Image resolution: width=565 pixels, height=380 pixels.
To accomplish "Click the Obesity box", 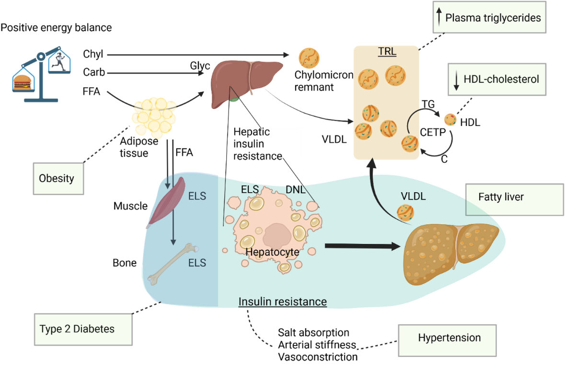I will point(57,179).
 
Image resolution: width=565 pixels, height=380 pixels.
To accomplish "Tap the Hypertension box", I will point(450,338).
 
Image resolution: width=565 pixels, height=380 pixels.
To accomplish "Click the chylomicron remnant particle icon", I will point(309,58).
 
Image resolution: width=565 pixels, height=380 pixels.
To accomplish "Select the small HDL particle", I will point(450,119).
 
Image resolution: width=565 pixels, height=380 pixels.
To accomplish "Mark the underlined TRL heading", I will point(387,52).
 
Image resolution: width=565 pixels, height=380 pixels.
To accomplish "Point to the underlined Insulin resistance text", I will point(283,302).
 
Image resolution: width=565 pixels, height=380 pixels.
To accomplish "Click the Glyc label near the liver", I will point(200,66).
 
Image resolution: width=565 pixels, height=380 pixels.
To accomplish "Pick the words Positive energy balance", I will point(56,28).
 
